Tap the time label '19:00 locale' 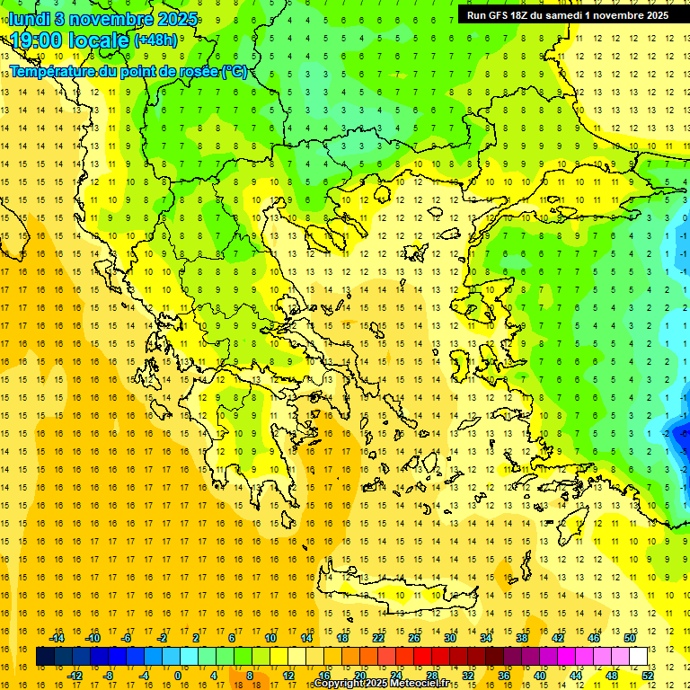coord(69,40)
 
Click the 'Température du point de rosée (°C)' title coord(128,71)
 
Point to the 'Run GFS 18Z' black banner coord(567,15)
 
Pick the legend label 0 coord(178,676)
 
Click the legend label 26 coord(414,638)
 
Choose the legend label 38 coord(521,638)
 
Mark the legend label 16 coord(324,676)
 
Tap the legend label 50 coord(629,638)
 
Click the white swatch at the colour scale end coord(638,657)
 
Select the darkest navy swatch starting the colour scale coord(46,657)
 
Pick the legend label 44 coord(576,676)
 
